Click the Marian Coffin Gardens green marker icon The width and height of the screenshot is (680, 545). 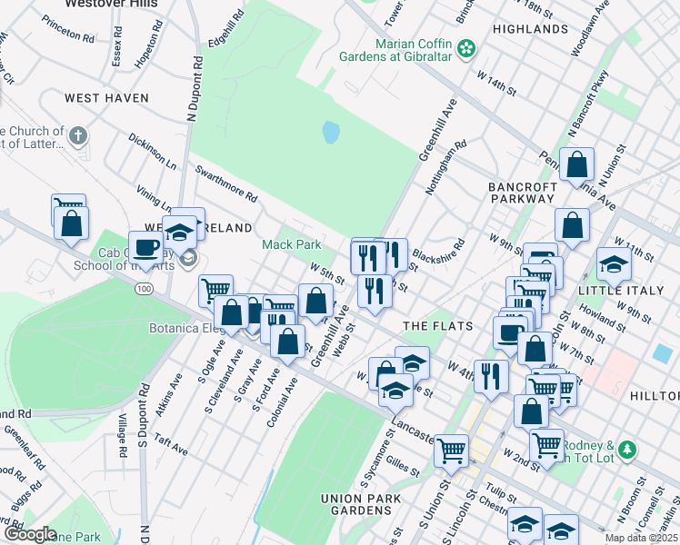coord(467,48)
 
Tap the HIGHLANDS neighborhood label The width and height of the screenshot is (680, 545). coord(530,29)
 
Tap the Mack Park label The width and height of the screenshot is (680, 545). coord(292,244)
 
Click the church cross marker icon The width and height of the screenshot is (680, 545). coord(78,136)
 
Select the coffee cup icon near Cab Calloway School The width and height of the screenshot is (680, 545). coord(145,246)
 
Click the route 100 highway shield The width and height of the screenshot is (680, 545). coord(144,288)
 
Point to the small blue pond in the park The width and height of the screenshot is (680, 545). coord(330,134)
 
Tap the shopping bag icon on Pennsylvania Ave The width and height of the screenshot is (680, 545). coord(577,166)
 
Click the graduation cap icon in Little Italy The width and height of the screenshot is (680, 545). coord(614,264)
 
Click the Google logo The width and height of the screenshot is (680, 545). coord(30,535)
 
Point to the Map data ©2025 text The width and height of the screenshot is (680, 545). coord(641,538)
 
